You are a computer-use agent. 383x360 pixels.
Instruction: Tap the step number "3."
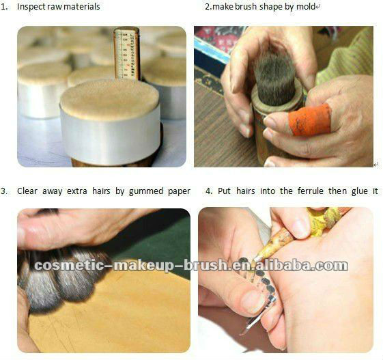pos(5,191)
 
